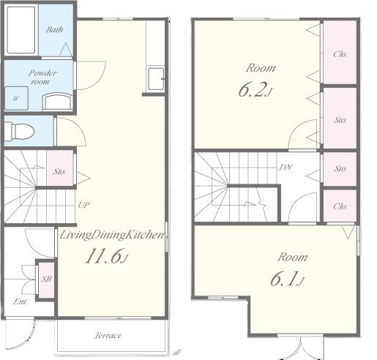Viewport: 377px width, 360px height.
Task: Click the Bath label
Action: [54, 29]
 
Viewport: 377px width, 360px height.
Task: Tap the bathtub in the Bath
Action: [21, 30]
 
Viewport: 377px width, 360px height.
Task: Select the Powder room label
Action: [42, 77]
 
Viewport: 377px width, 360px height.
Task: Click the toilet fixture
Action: [19, 131]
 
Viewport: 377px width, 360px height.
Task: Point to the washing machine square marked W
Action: [16, 98]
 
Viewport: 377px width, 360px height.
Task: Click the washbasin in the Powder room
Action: [58, 102]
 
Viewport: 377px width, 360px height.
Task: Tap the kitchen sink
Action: [156, 79]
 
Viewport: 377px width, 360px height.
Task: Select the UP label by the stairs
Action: [83, 205]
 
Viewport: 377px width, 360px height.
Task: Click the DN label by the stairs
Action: [285, 168]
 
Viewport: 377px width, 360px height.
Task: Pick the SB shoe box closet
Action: [46, 280]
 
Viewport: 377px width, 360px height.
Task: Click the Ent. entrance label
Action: [20, 301]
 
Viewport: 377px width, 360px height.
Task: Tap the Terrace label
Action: [108, 336]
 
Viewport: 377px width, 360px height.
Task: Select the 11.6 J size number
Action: [106, 256]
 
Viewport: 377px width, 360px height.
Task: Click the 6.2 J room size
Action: [255, 89]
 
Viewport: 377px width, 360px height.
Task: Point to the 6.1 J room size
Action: [287, 279]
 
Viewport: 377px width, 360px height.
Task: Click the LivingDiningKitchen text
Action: [112, 235]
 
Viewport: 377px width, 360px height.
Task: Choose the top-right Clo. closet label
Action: [340, 54]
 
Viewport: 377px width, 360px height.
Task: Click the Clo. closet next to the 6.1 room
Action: [340, 206]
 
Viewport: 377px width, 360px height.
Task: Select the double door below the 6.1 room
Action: [301, 348]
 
